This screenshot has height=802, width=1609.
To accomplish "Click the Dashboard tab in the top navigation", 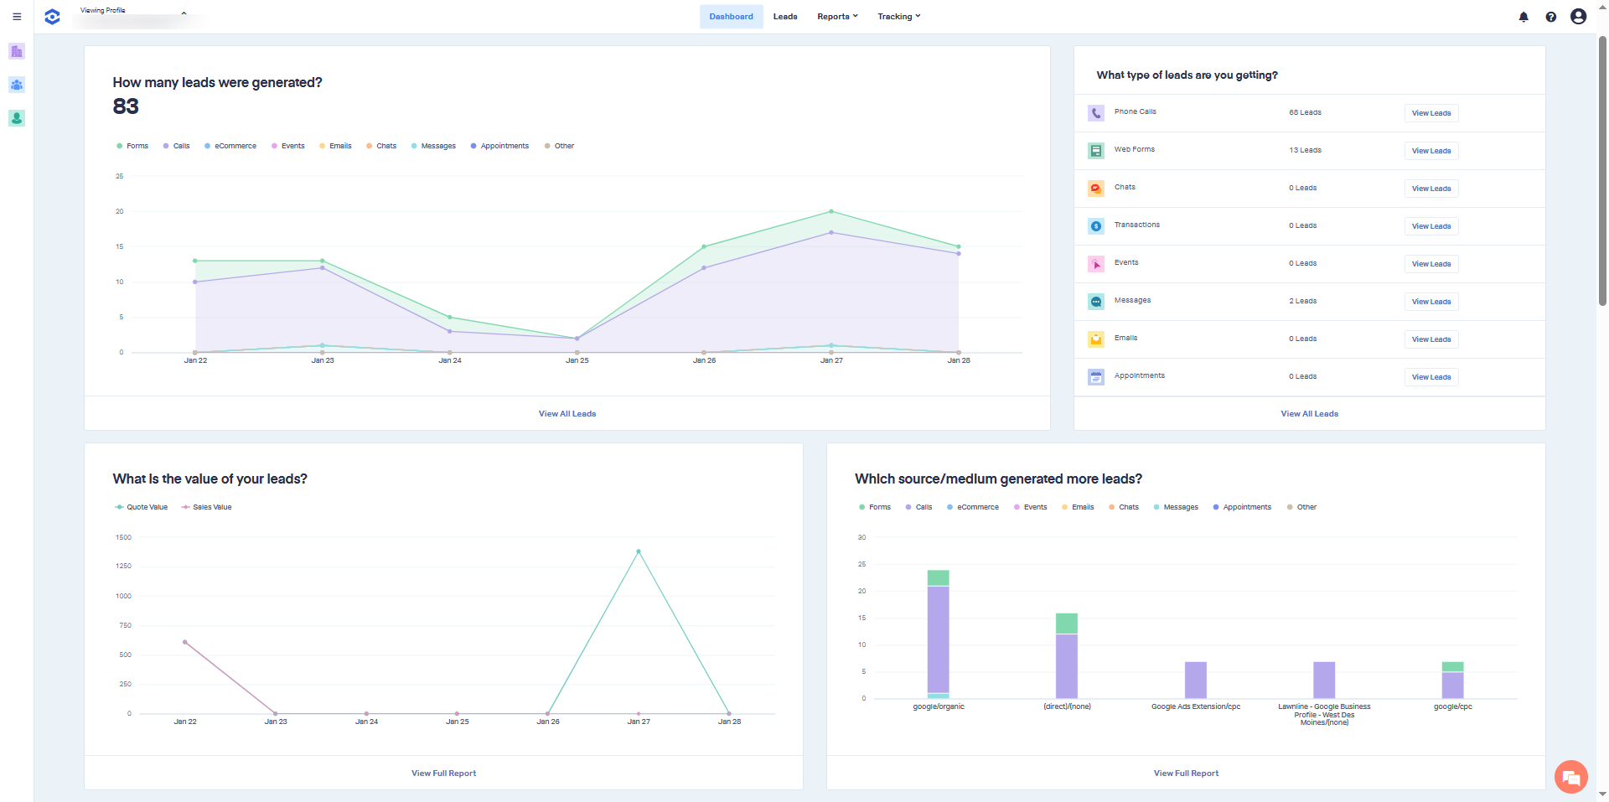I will (731, 17).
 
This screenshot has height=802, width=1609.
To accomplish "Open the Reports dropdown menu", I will (836, 17).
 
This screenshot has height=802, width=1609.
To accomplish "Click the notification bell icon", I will (1524, 17).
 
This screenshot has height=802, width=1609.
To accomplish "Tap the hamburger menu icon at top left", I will (17, 17).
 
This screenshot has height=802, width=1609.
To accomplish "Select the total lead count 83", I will (126, 106).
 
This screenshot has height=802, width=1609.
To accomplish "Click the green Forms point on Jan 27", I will (831, 211).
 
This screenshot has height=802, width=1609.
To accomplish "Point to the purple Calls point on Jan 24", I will (450, 331).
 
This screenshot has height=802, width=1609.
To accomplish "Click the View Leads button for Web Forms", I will (1431, 151).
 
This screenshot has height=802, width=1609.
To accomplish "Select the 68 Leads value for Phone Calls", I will (1305, 112).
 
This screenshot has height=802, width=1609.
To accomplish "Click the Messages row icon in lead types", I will (1096, 301).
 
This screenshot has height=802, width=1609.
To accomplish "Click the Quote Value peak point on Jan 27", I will (639, 551).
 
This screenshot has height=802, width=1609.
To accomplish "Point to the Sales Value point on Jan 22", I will (185, 642).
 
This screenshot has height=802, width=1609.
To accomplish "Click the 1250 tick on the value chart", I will (123, 567).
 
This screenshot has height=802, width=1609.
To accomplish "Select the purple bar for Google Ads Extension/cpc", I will (1195, 680).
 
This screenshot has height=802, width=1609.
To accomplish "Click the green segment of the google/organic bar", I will (938, 577).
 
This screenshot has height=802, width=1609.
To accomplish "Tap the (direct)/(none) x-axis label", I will (1067, 706).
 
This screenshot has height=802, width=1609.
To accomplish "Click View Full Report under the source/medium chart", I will (1186, 774).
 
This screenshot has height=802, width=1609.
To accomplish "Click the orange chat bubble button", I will (1571, 778).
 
